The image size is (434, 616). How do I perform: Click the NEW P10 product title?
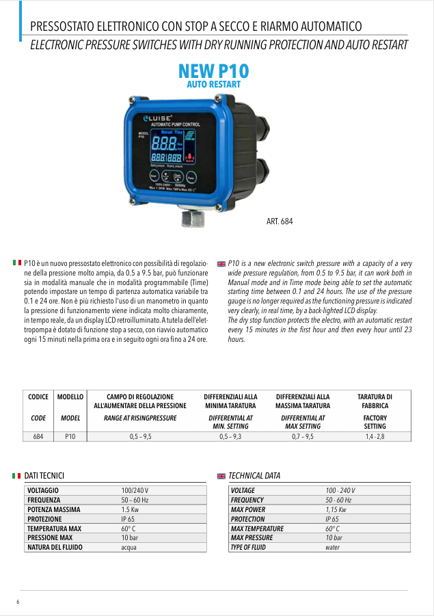[213, 71]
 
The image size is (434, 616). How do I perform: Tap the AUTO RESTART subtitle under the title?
[213, 84]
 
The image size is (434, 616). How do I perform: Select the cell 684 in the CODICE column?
[38, 436]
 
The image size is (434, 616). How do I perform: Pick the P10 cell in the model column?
[70, 436]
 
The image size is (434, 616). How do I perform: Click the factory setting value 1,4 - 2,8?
[375, 436]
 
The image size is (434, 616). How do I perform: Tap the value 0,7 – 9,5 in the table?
[302, 436]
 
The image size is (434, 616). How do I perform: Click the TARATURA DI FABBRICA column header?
[375, 401]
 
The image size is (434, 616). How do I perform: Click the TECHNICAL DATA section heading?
[254, 476]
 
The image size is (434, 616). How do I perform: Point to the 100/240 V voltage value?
[135, 491]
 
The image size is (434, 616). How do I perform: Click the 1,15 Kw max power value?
[336, 510]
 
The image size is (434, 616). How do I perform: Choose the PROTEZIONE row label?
[44, 519]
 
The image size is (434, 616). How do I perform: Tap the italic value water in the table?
[332, 548]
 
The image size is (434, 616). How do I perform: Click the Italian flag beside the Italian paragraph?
[17, 263]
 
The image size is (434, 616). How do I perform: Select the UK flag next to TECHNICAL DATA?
[221, 476]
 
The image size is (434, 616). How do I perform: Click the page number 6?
[18, 602]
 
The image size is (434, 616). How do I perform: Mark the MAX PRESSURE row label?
[252, 538]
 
